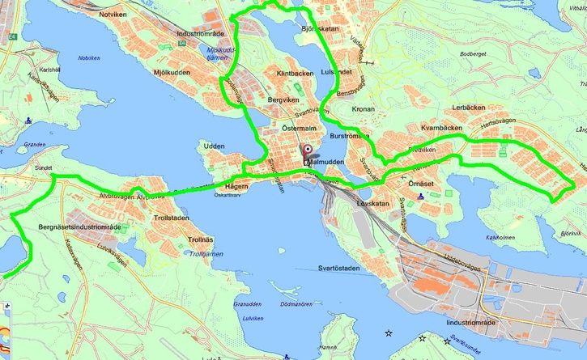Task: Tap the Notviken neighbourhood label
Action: click(x=113, y=15)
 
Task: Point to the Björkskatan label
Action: click(x=318, y=28)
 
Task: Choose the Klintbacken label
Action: click(x=295, y=74)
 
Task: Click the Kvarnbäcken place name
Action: click(x=441, y=128)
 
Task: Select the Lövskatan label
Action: click(x=373, y=204)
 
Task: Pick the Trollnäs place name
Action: click(x=200, y=240)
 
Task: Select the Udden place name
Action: click(x=215, y=146)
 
